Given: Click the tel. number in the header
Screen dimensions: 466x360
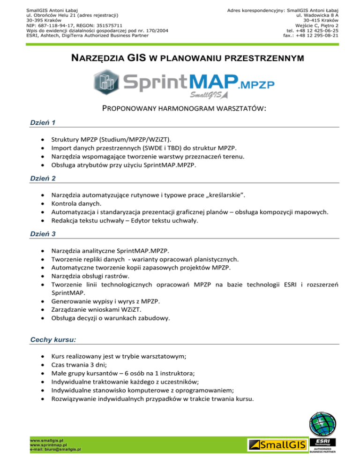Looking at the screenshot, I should (x=313, y=30).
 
